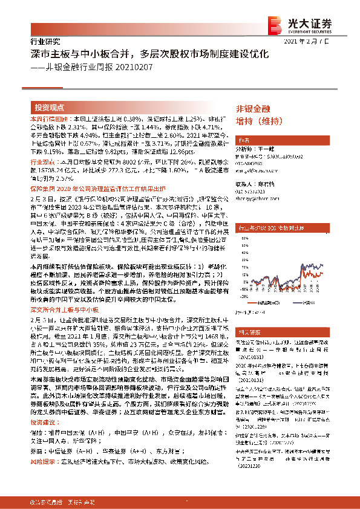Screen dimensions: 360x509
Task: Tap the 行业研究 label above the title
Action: point(45,42)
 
